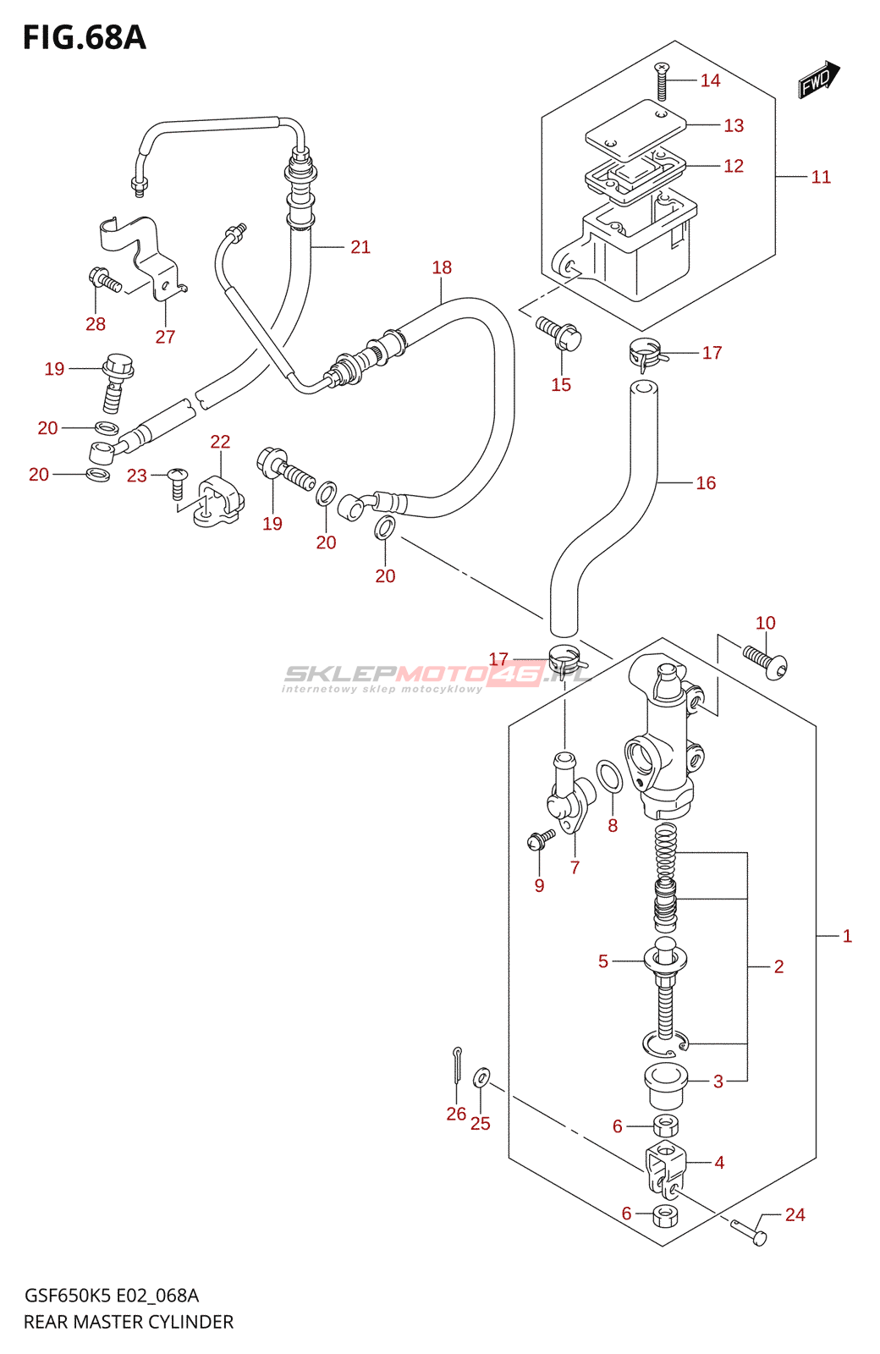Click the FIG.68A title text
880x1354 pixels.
point(84,38)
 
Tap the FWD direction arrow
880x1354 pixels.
point(818,80)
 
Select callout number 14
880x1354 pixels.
point(710,80)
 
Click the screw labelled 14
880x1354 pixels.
point(662,82)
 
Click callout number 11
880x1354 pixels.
point(821,177)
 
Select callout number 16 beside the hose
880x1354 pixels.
point(706,483)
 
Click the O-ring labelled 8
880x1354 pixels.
point(609,776)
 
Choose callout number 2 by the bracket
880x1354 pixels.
point(778,966)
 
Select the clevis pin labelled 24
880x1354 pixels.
point(750,1231)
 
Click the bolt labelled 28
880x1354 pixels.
point(103,281)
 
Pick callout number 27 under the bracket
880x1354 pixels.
point(165,337)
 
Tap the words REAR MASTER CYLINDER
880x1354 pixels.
point(129,1322)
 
